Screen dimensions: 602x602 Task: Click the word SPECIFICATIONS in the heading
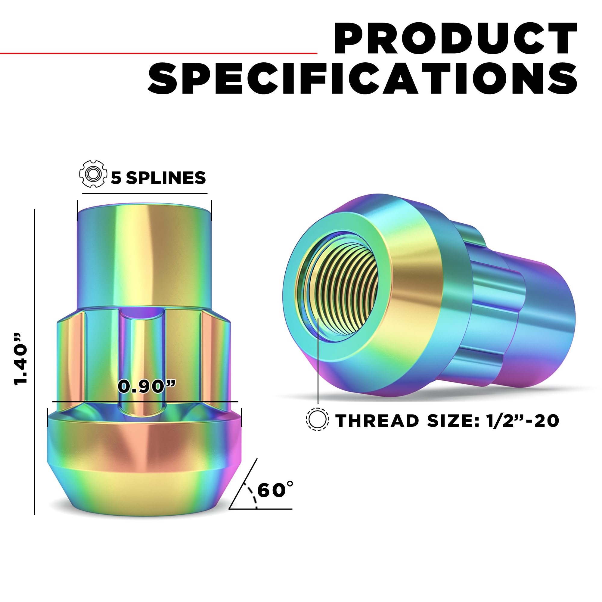point(363,78)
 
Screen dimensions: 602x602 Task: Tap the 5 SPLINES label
point(158,178)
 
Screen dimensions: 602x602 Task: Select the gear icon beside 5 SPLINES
point(93,174)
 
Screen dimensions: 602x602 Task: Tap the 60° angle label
point(275,490)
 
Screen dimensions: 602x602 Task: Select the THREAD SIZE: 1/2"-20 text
point(448,421)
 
